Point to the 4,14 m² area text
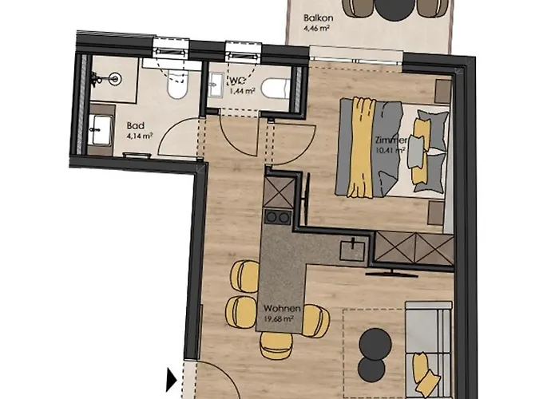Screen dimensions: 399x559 pyautogui.click(x=139, y=136)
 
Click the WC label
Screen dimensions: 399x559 pyautogui.click(x=236, y=81)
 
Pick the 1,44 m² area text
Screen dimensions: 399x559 pyautogui.click(x=243, y=92)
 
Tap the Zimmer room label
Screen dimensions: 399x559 pyautogui.click(x=390, y=140)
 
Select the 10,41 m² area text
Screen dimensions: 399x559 pyautogui.click(x=391, y=150)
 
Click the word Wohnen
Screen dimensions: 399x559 pyautogui.click(x=281, y=309)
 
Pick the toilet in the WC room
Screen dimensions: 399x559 pyautogui.click(x=272, y=86)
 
